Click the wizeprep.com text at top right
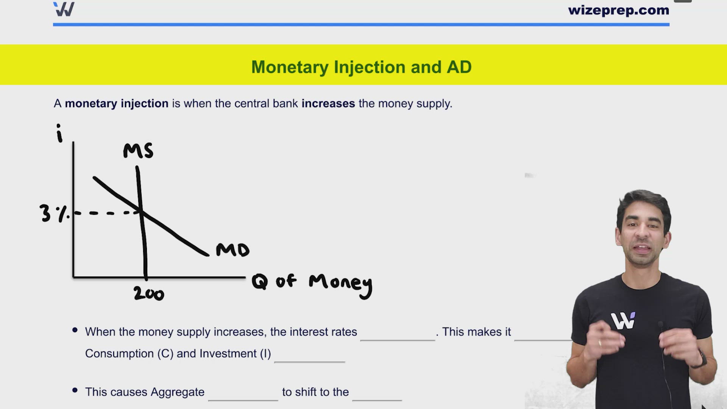point(618,10)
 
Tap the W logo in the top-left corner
point(64,9)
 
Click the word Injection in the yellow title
point(370,67)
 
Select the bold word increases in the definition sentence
point(328,103)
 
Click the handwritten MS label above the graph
point(138,151)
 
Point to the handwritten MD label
point(232,250)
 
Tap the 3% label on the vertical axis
point(53,214)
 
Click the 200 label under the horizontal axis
point(149,294)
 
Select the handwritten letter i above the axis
point(59,133)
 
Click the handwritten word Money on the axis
point(340,283)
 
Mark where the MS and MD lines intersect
point(141,212)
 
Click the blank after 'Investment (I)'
point(309,356)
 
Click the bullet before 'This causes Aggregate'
point(75,390)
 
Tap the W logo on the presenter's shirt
point(622,321)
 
